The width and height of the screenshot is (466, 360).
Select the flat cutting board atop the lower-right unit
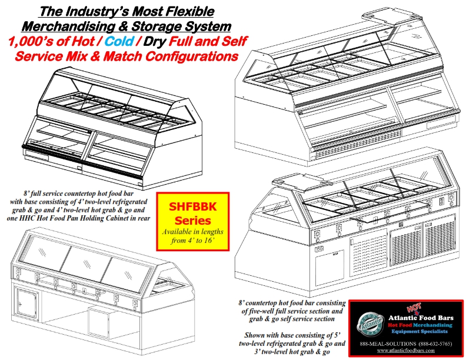click(x=287, y=179)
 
